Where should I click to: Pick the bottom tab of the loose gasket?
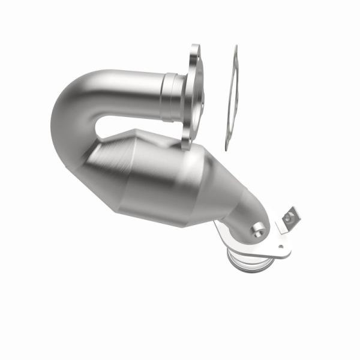(226, 144)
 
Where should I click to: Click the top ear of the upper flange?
(195, 51)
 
